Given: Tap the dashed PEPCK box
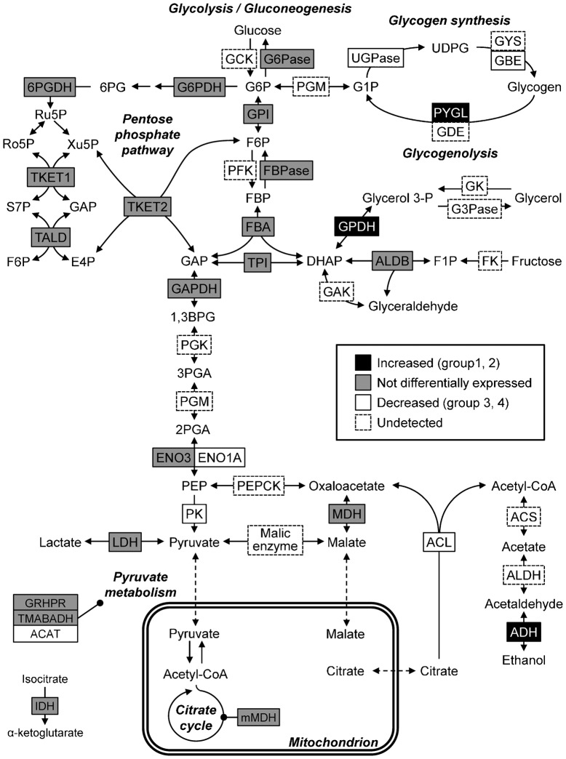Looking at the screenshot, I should pyautogui.click(x=258, y=484).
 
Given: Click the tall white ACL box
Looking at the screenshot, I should pyautogui.click(x=440, y=542).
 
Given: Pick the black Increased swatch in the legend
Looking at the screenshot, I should pyautogui.click(x=363, y=362).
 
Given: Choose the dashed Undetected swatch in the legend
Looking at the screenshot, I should pyautogui.click(x=363, y=421).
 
